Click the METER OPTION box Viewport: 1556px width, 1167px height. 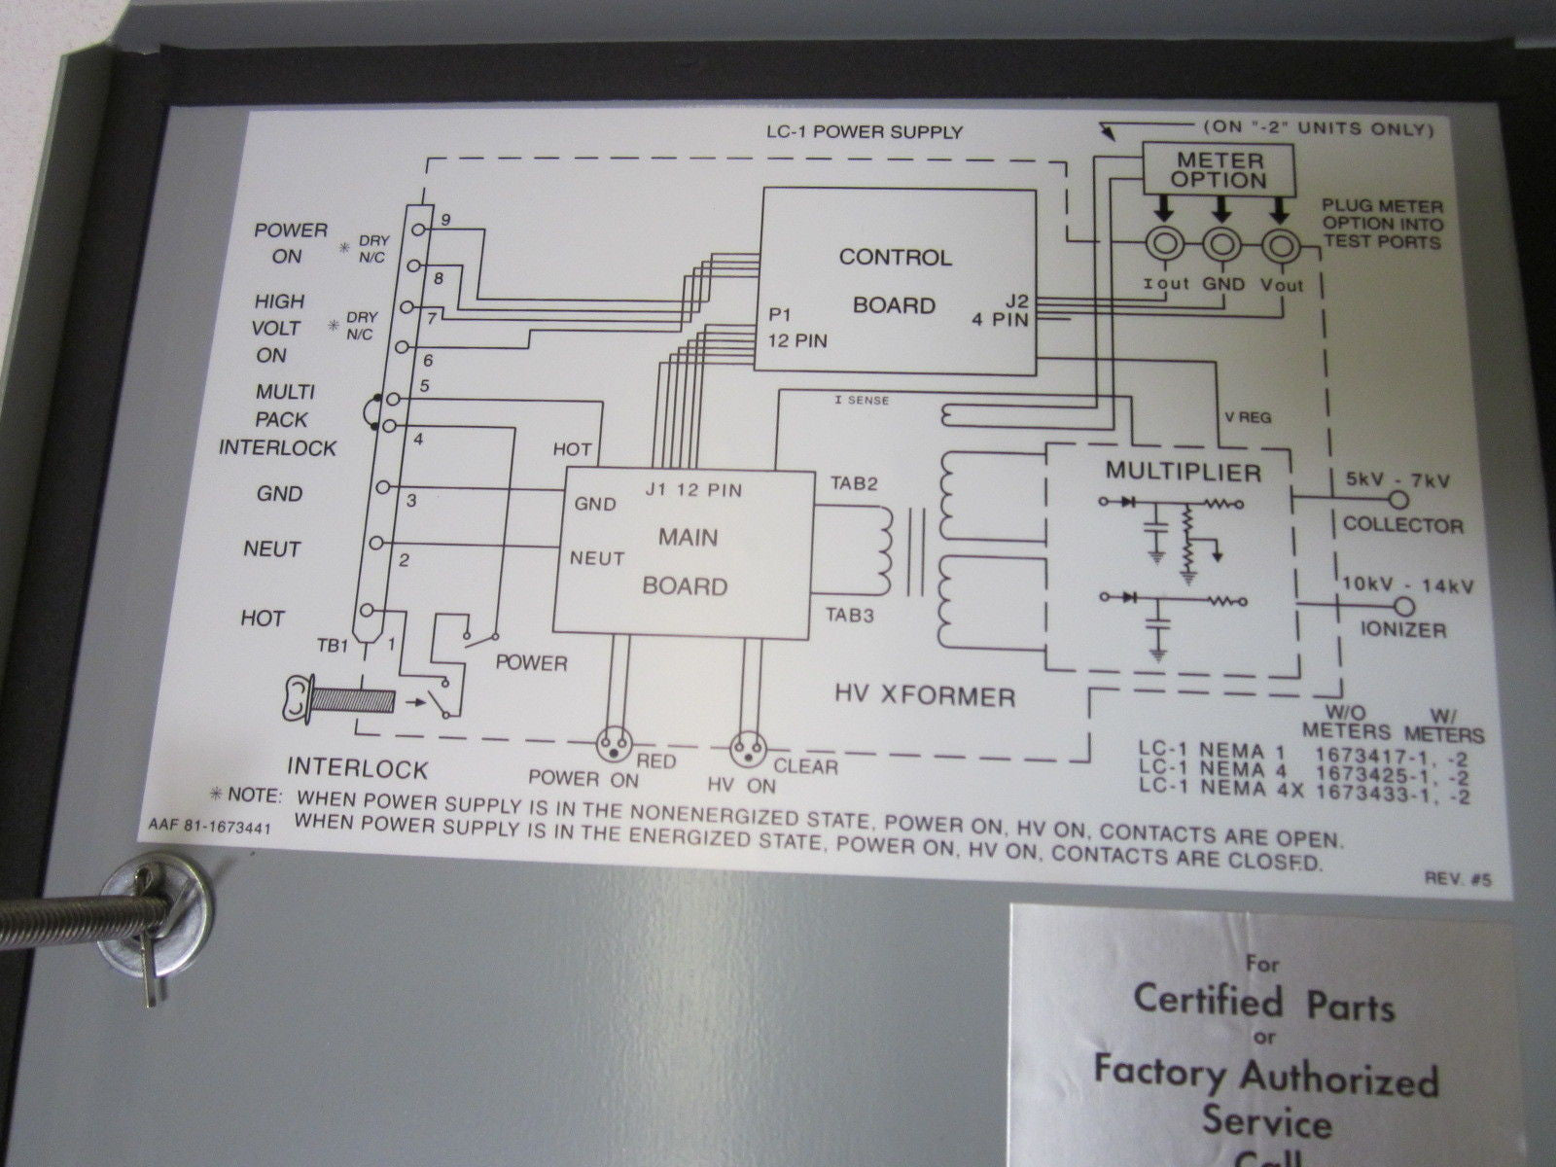[1219, 170]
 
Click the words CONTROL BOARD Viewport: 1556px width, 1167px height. [895, 281]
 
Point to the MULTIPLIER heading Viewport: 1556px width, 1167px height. [1184, 472]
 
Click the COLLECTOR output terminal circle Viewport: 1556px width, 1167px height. [1397, 501]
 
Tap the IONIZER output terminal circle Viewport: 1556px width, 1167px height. [1404, 607]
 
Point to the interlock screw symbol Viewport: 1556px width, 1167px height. [338, 699]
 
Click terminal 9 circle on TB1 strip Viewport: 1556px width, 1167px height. [418, 230]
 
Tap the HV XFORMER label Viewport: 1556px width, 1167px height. [925, 697]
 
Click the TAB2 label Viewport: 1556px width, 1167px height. [854, 483]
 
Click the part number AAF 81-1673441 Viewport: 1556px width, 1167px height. [210, 828]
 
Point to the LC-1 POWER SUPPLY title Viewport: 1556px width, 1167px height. [865, 132]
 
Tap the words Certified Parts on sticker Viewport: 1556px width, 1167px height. [1264, 1002]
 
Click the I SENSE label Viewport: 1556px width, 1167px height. [862, 401]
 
